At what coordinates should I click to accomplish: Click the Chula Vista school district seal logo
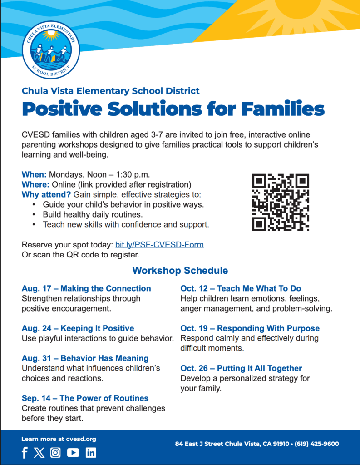tap(51, 50)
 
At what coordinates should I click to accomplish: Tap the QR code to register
tap(281, 202)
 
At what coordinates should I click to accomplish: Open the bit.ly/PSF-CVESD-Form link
tap(159, 245)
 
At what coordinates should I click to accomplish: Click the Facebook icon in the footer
tap(25, 453)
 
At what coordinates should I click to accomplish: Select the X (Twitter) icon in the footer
tap(39, 453)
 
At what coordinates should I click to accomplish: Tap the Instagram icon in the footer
tap(55, 453)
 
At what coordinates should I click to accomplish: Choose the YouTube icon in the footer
tap(73, 453)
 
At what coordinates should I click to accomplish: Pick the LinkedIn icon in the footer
tap(91, 453)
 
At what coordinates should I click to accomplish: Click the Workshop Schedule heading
tap(180, 271)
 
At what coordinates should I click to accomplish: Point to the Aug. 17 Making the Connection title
tap(86, 288)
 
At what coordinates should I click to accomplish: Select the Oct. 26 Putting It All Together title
tap(241, 368)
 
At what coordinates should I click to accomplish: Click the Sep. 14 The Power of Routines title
tap(85, 398)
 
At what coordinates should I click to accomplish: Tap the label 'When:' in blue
tap(34, 174)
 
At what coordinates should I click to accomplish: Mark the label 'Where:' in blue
tap(35, 184)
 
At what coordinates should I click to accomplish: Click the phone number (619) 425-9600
tap(317, 444)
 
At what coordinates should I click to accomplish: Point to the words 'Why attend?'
tap(46, 194)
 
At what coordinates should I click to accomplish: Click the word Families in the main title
tap(283, 109)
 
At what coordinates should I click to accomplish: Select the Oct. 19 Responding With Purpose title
tap(250, 328)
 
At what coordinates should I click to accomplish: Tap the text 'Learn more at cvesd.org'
tap(59, 439)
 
